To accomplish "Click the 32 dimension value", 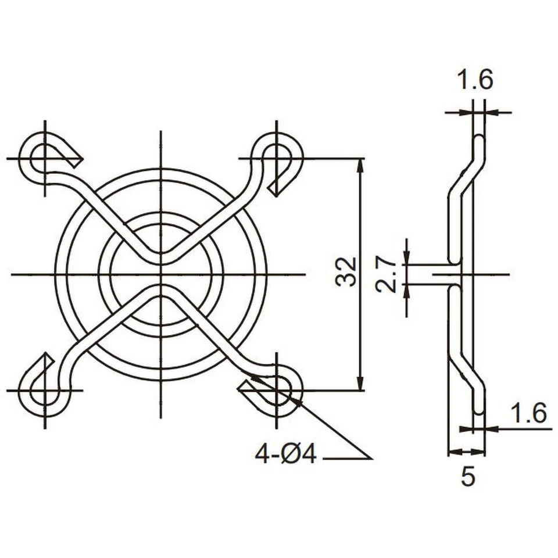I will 346,271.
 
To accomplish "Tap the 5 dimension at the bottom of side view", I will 468,477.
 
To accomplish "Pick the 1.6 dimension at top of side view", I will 474,80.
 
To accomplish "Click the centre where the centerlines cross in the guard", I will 160,273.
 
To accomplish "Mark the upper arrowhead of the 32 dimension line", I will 360,164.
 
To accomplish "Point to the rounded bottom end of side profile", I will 477,409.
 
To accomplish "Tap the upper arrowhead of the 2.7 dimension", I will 406,258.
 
